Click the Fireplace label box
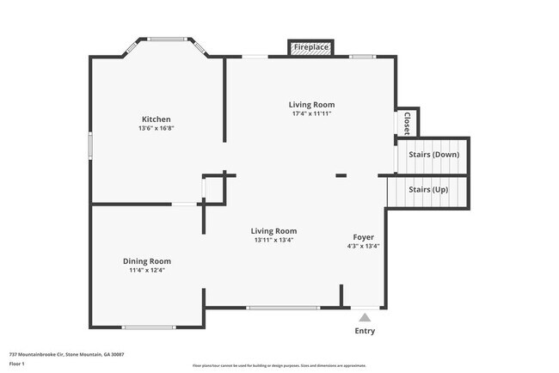(x=310, y=47)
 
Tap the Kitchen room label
(x=156, y=119)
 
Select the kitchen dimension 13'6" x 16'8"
(x=156, y=128)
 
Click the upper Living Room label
(x=310, y=104)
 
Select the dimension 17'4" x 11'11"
(x=310, y=113)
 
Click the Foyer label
(x=363, y=236)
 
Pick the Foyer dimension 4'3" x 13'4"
(x=363, y=246)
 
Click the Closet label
(x=407, y=123)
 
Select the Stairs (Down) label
(x=433, y=155)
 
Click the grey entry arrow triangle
(x=365, y=318)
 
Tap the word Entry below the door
(x=365, y=331)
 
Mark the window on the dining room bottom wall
(x=149, y=327)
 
